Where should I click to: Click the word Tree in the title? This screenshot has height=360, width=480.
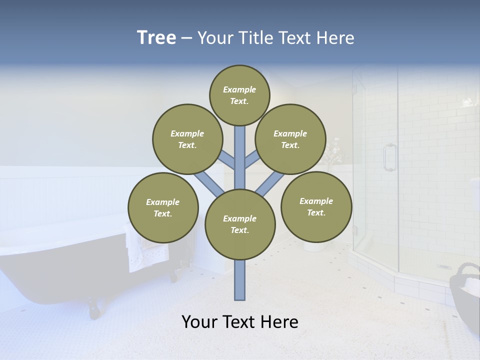point(156,37)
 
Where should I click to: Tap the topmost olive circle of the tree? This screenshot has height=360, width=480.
point(239,95)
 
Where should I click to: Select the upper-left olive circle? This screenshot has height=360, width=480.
point(187,139)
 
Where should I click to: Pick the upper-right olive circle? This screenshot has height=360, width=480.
point(290,139)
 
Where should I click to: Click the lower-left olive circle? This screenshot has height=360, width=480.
point(163,207)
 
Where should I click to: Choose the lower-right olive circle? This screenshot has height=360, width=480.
point(316,206)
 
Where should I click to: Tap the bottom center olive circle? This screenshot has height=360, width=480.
point(240,224)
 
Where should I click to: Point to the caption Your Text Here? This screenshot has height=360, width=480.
point(240,322)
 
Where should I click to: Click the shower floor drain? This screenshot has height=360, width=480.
point(443,266)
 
